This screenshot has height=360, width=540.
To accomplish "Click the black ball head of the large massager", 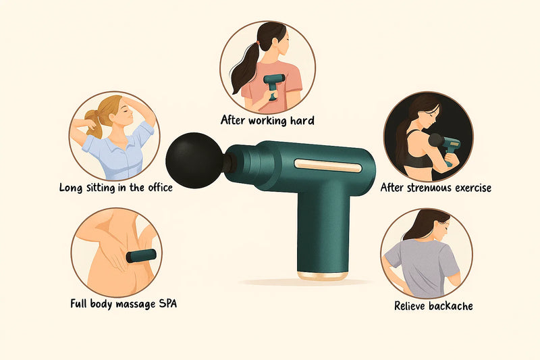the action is [x=194, y=161].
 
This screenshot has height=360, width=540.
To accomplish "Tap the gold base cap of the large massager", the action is [x=323, y=276].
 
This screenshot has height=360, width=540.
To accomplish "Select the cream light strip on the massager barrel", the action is [x=328, y=165].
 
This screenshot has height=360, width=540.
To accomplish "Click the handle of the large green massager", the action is [x=323, y=231].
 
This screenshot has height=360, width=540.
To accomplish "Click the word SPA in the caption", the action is [x=167, y=303].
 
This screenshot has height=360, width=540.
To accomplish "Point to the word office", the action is [x=160, y=187].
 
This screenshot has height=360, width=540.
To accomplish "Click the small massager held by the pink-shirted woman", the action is [x=274, y=85].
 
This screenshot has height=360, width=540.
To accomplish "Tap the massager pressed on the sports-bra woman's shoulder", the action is [x=446, y=147].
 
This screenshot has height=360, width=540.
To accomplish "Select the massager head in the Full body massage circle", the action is [x=141, y=256].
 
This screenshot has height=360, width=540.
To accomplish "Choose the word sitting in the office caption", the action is [x=103, y=188].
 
